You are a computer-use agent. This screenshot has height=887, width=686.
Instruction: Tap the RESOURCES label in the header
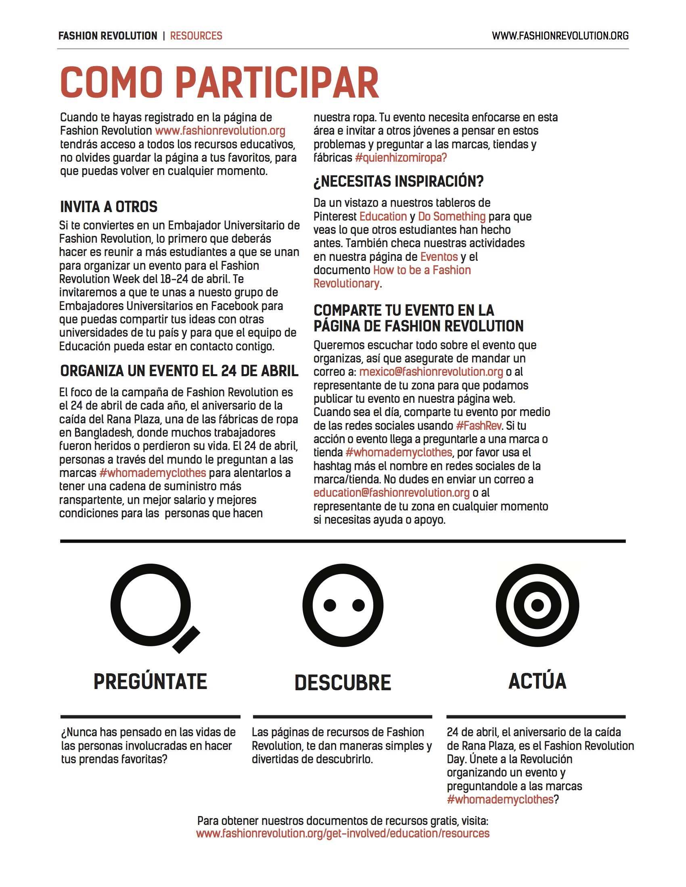click(x=196, y=36)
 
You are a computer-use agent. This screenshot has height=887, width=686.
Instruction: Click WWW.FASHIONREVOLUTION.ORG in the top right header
click(x=560, y=36)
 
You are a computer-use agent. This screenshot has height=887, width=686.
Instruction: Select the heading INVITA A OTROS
click(x=109, y=207)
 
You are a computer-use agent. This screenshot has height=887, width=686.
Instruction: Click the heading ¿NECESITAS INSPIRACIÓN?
click(x=398, y=181)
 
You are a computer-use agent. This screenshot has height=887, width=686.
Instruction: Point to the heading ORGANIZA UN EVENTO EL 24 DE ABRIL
click(x=179, y=371)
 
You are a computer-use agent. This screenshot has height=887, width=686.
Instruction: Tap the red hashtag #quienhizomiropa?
click(x=400, y=158)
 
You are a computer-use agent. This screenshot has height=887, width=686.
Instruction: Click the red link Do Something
click(x=452, y=217)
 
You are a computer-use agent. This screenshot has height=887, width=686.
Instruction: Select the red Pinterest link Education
click(x=383, y=217)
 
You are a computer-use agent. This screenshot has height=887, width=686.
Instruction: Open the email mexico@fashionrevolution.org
click(x=431, y=372)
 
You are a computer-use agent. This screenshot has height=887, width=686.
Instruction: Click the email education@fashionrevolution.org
click(x=391, y=493)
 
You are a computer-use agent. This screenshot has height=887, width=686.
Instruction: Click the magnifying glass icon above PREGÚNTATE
click(x=151, y=605)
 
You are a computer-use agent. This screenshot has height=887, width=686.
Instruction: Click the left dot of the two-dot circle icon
click(x=330, y=605)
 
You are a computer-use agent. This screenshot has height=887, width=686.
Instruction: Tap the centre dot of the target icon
click(x=537, y=605)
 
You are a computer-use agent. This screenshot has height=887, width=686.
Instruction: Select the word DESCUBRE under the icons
click(x=343, y=683)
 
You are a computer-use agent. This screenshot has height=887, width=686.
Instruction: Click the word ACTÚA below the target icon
click(x=537, y=681)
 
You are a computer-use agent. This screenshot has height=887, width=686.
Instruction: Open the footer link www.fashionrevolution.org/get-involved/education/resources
click(x=343, y=833)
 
